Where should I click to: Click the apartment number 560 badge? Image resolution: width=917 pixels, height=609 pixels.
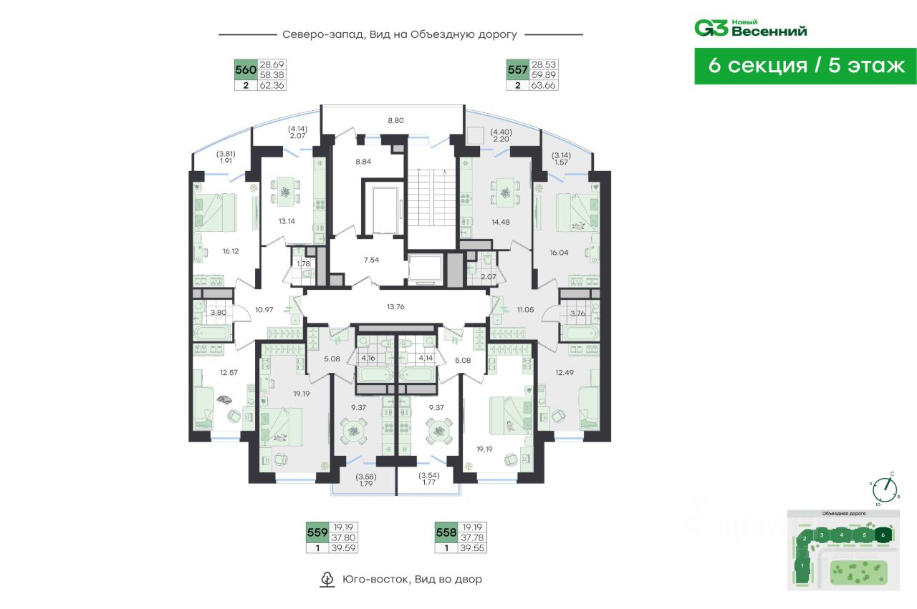(x=246, y=69)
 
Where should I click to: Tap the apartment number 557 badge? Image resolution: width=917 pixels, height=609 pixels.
(x=517, y=69)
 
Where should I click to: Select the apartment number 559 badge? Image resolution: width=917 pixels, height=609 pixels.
(x=317, y=532)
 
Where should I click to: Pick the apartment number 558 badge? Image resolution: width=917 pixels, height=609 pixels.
(x=446, y=532)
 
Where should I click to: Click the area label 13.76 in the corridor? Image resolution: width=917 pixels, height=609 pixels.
(x=396, y=306)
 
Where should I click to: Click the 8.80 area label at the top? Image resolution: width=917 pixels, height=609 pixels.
(x=396, y=120)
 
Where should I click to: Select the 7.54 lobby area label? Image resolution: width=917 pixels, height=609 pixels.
(x=371, y=259)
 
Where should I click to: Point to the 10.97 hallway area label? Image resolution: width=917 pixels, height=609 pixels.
(x=264, y=309)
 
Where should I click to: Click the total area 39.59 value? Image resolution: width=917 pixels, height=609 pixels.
(x=344, y=548)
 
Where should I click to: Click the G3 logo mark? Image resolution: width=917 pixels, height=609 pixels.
(x=711, y=28)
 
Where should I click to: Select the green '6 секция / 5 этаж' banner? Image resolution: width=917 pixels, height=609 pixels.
(x=805, y=66)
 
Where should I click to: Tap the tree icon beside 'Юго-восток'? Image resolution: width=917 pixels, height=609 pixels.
(x=327, y=579)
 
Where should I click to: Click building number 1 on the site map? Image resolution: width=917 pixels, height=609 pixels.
(x=803, y=566)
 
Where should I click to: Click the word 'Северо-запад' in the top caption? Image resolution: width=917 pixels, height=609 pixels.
(x=314, y=34)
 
